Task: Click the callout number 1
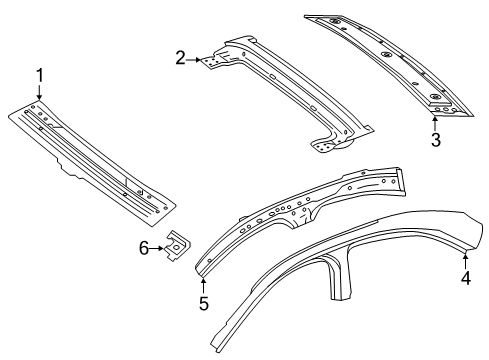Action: pos(40,76)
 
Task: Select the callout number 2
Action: pos(180,58)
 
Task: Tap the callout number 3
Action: pos(436,139)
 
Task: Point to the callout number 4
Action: pos(466,278)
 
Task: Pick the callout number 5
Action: pos(204,303)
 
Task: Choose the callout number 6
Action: pos(144,248)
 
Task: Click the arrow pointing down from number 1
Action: pos(40,92)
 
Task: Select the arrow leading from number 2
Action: pos(194,60)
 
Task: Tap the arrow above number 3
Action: pos(435,123)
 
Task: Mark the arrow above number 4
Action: pos(465,261)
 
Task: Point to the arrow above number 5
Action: pos(203,286)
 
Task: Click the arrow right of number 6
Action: pos(157,249)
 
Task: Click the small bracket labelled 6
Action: pos(177,245)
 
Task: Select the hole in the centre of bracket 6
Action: pos(176,247)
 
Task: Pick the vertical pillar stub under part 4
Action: pos(338,277)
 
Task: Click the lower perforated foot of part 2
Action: pos(324,147)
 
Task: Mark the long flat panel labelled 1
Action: pos(92,162)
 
